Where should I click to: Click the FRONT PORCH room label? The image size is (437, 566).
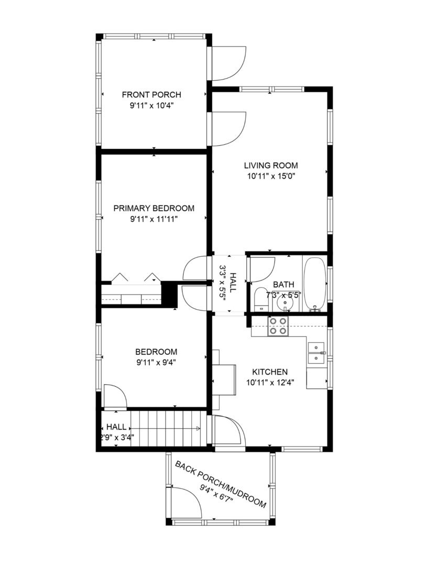click(x=151, y=95)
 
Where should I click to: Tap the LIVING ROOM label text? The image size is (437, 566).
click(x=271, y=166)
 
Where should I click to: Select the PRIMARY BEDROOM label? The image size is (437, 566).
click(x=154, y=208)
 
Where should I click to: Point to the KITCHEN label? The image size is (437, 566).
click(x=269, y=371)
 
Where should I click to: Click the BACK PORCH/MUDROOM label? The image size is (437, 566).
click(x=220, y=484)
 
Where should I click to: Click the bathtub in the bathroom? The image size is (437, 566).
click(x=314, y=284)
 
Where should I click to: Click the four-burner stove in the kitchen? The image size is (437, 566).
click(x=278, y=326)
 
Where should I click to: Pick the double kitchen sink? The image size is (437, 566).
click(x=316, y=353)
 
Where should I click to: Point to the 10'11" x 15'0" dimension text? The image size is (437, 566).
click(x=271, y=177)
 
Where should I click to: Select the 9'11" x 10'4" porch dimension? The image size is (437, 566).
click(x=151, y=105)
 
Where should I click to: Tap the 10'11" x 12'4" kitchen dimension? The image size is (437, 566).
click(x=269, y=382)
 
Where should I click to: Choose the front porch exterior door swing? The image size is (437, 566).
click(x=228, y=63)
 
